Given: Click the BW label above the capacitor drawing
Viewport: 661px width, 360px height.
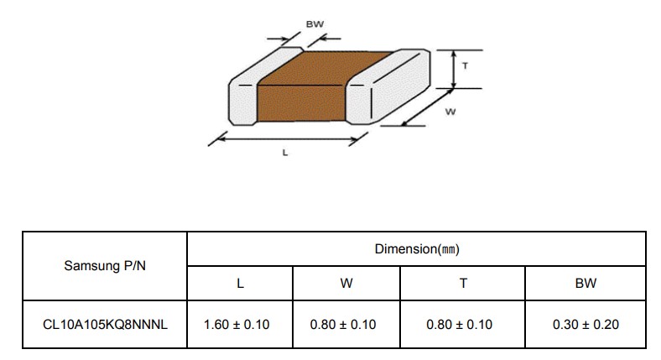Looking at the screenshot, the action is click(x=315, y=24).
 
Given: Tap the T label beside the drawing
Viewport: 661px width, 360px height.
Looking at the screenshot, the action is click(x=465, y=65).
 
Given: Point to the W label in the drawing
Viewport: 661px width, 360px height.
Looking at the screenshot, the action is click(x=450, y=112).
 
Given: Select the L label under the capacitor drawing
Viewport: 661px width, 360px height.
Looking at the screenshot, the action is click(x=285, y=153).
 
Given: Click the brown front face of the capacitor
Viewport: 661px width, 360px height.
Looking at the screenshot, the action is click(x=301, y=103).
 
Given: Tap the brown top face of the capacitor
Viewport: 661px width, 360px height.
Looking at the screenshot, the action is click(x=325, y=67).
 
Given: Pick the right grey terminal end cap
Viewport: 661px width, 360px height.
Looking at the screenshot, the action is click(x=388, y=86).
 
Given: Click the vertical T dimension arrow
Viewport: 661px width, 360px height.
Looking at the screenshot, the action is click(x=454, y=69).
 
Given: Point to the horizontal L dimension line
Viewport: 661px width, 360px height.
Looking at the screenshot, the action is click(x=288, y=138).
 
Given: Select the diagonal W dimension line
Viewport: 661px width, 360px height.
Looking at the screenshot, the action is click(x=428, y=107).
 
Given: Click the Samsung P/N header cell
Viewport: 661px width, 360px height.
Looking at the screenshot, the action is click(x=105, y=265).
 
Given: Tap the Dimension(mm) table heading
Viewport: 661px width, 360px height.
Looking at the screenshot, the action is click(x=417, y=248).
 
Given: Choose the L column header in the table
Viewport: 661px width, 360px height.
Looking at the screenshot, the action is click(x=240, y=283).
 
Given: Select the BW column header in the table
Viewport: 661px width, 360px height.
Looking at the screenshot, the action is click(x=586, y=283).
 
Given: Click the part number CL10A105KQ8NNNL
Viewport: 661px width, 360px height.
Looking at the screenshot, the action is click(x=105, y=324).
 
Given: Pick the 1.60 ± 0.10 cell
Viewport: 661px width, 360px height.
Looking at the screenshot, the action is click(x=237, y=324).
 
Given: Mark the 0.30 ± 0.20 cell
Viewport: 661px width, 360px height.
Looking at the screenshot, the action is click(x=586, y=324).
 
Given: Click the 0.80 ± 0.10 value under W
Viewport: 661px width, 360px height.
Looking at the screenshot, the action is click(x=343, y=324).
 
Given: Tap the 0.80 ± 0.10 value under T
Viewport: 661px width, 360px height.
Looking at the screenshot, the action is click(x=459, y=324).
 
